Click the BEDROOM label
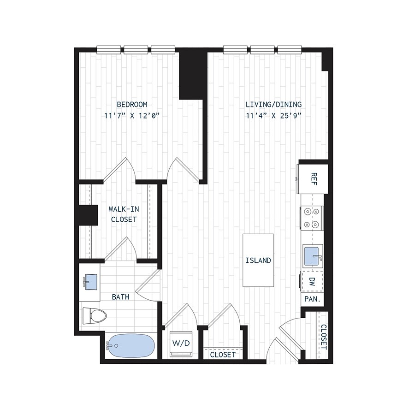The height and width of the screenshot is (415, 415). (132, 105)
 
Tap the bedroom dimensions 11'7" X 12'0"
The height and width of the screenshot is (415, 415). (132, 116)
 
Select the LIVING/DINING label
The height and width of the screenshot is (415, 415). (273, 105)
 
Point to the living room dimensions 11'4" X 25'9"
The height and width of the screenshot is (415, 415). (273, 116)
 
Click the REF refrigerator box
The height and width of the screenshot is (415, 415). (313, 178)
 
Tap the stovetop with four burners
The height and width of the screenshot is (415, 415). (312, 218)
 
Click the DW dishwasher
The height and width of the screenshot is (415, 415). (312, 282)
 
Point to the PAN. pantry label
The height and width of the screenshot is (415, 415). (312, 299)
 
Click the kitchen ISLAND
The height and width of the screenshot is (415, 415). (258, 261)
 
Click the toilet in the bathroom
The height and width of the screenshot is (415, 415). (94, 316)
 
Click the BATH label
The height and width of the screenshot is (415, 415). (120, 297)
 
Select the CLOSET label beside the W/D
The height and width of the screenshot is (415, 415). (223, 355)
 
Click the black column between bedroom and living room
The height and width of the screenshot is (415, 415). (192, 74)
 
